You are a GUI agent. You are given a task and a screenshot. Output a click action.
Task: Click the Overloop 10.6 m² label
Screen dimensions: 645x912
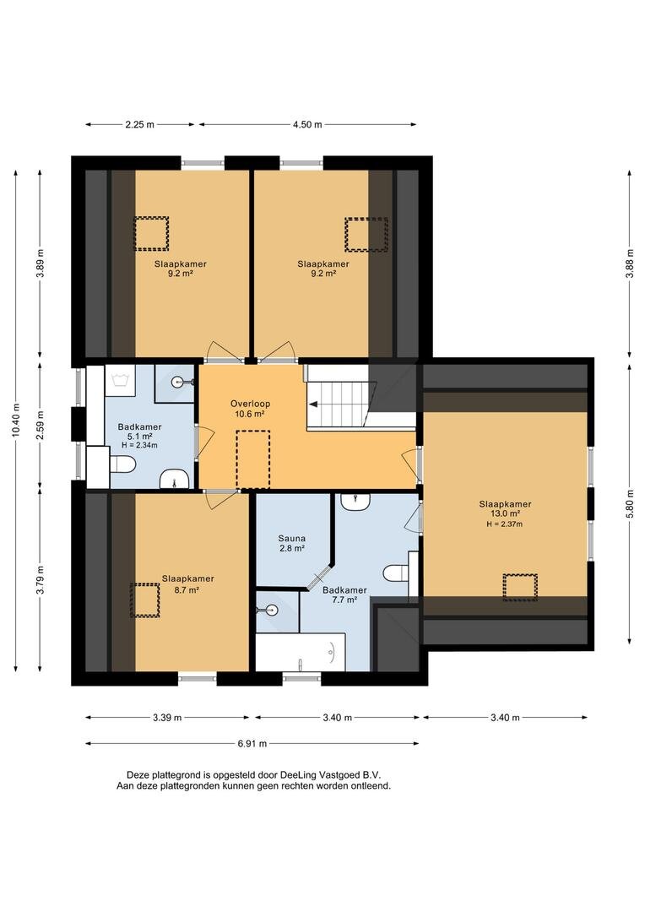[x=250, y=409]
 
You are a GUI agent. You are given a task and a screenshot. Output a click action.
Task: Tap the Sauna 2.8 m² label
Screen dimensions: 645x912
[x=291, y=543]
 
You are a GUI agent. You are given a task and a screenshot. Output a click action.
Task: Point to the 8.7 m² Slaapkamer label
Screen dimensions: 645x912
[x=188, y=584]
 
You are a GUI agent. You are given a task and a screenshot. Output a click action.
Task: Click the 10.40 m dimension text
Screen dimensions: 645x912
[x=16, y=420]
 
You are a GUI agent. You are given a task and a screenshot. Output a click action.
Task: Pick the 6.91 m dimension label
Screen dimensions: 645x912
[x=252, y=743]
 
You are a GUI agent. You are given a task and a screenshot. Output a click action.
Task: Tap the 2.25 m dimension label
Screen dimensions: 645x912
[x=139, y=124]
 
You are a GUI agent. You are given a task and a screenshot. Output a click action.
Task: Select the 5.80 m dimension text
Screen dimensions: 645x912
[x=630, y=504]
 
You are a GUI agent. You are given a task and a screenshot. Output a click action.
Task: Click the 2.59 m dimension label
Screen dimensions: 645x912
[x=40, y=425]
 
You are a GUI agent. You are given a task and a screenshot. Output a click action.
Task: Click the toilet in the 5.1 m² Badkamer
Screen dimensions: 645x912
[x=122, y=464]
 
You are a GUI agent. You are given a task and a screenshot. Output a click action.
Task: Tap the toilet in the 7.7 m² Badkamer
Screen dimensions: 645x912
[x=395, y=573]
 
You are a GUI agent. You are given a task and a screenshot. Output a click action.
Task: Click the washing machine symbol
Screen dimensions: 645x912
[x=121, y=380]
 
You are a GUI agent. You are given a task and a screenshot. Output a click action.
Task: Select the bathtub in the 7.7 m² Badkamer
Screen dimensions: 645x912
[x=301, y=652]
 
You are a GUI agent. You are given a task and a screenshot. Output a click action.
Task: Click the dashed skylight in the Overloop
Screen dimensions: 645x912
[x=253, y=459]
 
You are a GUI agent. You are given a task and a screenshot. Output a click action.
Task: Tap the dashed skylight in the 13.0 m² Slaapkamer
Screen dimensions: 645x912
[x=520, y=587]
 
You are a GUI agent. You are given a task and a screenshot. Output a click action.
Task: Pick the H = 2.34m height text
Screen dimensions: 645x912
[x=139, y=445]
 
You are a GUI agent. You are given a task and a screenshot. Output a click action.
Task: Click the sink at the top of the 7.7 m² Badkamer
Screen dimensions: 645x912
[x=355, y=502]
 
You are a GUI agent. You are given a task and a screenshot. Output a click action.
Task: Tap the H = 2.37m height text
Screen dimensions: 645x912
[x=505, y=524]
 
